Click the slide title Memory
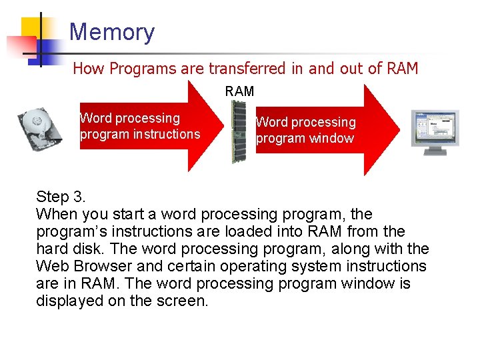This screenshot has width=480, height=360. pyautogui.click(x=111, y=32)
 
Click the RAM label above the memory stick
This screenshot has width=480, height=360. pyautogui.click(x=239, y=91)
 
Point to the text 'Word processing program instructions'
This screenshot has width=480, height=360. pyautogui.click(x=139, y=126)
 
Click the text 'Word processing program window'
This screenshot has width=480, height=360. pyautogui.click(x=306, y=130)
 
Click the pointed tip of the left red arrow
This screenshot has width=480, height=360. pyautogui.click(x=226, y=127)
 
